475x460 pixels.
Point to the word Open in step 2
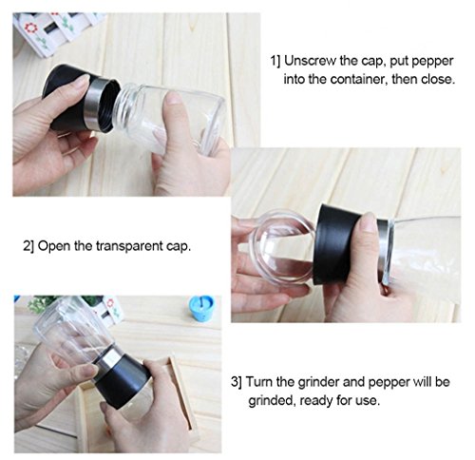coord(54,246)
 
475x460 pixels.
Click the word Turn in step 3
coord(259,382)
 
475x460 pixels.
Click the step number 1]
coord(275,61)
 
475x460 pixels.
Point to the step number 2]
coord(29,246)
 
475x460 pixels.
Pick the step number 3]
coord(237,382)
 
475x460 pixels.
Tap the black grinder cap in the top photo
coord(67,95)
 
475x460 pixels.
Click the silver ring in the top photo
coord(96,104)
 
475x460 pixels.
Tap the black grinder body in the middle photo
coord(342,244)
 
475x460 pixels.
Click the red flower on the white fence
coord(30,28)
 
